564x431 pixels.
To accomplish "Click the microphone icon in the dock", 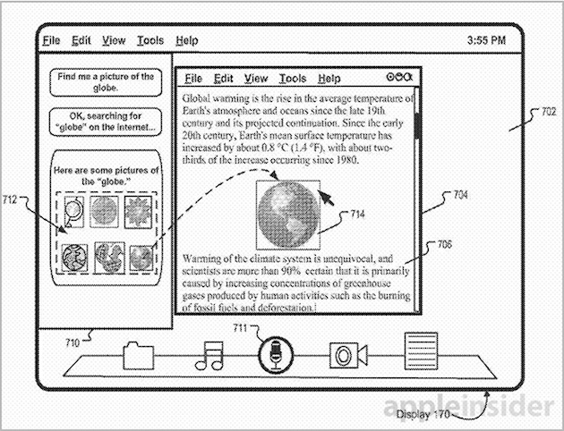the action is (276, 355).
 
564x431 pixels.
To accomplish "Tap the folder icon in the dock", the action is (139, 356).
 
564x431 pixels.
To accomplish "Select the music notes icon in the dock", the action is (209, 356).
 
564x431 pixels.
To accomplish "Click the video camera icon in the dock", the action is (348, 355).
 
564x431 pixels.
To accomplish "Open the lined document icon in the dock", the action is (421, 351).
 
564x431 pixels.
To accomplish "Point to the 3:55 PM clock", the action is (486, 40).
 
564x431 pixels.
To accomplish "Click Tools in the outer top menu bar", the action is (150, 40).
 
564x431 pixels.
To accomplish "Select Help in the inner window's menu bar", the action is (329, 79).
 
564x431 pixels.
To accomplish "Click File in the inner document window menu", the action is (193, 79).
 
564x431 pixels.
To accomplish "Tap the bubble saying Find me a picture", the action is (106, 82).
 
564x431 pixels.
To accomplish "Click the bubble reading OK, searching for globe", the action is (106, 122).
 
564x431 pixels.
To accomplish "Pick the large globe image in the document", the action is (288, 215).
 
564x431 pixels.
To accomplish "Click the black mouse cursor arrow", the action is (326, 199).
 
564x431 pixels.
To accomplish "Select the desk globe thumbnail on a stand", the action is (73, 212).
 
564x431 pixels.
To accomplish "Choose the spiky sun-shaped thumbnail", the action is (138, 212).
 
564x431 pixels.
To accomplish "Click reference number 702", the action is (549, 112).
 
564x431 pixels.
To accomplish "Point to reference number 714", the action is (357, 214).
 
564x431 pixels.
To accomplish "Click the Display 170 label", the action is (423, 415).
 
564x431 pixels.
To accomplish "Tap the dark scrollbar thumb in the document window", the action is (417, 126).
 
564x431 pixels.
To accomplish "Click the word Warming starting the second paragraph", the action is (201, 259).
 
